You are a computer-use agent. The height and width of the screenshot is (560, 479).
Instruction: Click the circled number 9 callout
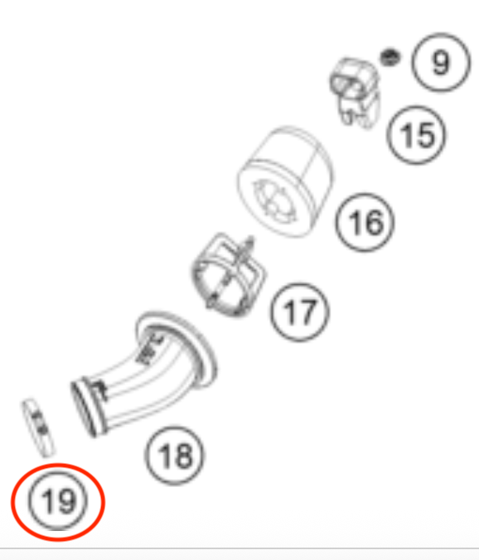pos(440,62)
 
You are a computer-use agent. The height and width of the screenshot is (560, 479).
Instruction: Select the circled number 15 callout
pos(417,135)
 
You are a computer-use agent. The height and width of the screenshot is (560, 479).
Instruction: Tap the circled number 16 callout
pos(365,222)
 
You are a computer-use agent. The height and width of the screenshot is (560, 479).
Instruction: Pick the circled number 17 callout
pos(300,312)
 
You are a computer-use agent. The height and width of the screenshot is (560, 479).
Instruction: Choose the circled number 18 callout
pos(175,456)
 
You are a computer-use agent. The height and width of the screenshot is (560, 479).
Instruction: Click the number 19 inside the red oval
pos(57,500)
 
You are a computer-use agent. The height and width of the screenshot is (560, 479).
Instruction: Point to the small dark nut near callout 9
pos(389,57)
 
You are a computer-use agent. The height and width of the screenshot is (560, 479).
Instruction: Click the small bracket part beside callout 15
pos(355,92)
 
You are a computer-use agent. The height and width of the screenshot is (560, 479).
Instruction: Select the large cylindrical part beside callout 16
pos(285,181)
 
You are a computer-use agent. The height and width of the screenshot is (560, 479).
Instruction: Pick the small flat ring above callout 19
pos(38,427)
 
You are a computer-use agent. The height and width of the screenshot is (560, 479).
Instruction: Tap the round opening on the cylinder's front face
pos(274,201)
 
